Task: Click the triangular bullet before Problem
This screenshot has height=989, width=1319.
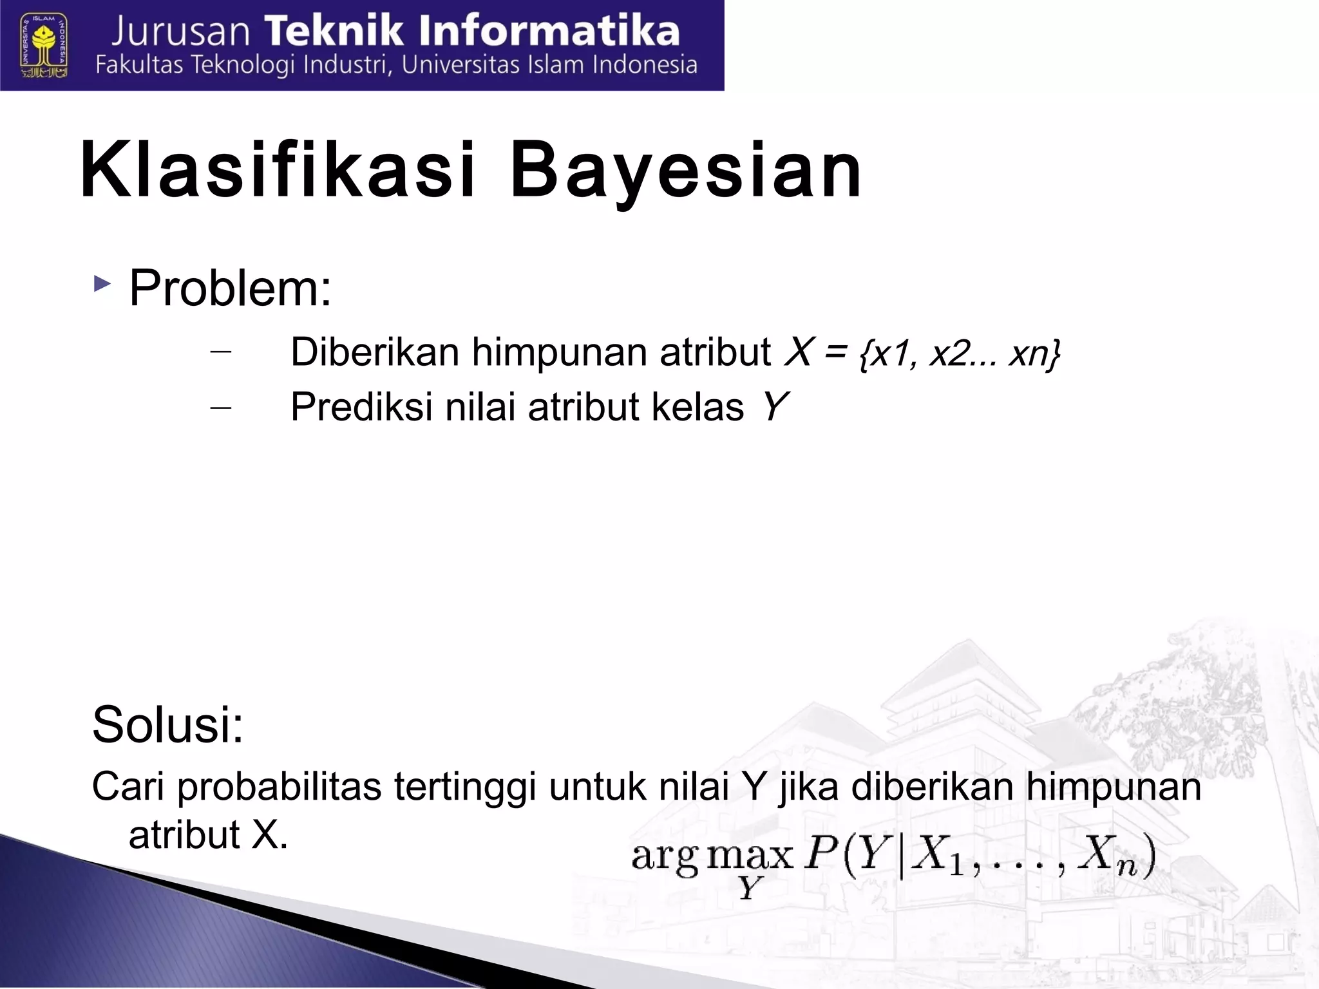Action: (102, 284)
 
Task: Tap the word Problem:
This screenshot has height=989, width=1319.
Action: (231, 288)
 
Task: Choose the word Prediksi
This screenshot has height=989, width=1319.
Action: (361, 408)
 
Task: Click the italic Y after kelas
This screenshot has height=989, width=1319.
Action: (774, 407)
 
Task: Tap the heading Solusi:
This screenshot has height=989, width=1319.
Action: (167, 725)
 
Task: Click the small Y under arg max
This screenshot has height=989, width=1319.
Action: (750, 889)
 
